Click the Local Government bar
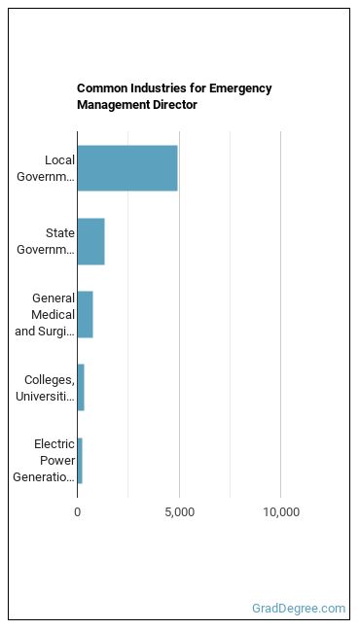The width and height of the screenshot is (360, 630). [127, 168]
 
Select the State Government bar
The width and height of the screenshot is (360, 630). [91, 241]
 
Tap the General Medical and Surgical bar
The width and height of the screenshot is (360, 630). [86, 315]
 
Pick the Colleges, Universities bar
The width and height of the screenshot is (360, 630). [81, 387]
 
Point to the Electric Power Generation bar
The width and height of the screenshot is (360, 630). [80, 461]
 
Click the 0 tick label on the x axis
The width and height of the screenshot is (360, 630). [77, 512]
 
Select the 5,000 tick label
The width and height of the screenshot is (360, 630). [179, 512]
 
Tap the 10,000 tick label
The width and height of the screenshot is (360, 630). [281, 512]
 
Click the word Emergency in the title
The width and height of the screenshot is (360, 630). [240, 88]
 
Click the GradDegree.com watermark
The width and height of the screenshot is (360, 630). [299, 609]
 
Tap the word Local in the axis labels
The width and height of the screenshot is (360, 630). [60, 159]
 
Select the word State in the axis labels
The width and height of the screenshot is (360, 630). [60, 233]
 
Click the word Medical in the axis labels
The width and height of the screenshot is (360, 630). [54, 315]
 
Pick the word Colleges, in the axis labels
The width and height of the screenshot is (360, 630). [50, 380]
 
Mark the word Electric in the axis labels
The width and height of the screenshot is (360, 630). [54, 444]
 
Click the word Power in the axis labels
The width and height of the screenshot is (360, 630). [57, 461]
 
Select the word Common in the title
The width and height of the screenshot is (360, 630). [100, 88]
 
